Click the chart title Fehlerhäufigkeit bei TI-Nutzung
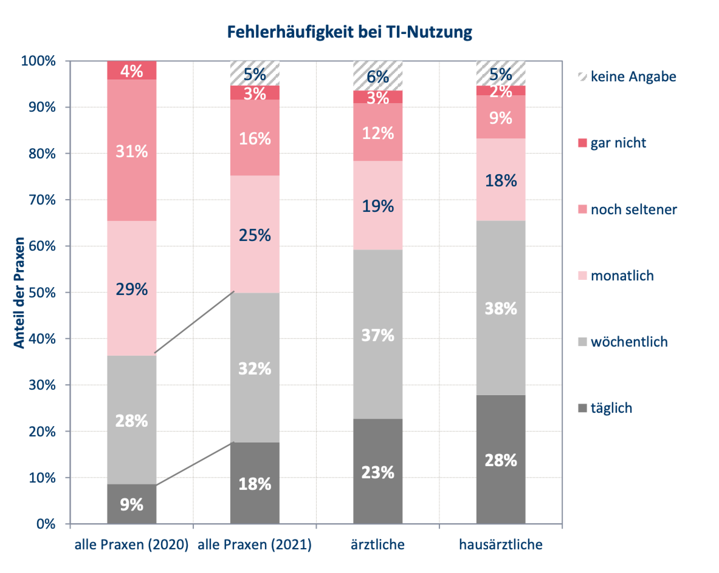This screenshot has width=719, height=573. tap(349, 32)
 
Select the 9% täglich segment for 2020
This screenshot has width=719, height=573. tap(131, 503)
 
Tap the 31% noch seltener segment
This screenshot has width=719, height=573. tap(131, 151)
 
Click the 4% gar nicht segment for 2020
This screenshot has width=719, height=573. tap(131, 70)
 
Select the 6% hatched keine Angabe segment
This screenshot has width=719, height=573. tap(377, 76)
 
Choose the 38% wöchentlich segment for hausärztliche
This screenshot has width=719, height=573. tap(501, 308)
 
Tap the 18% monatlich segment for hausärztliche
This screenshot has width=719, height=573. tap(501, 180)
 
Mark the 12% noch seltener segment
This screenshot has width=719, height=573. tap(377, 132)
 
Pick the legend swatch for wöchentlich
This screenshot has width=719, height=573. tap(582, 342)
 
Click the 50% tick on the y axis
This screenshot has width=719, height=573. tap(42, 293)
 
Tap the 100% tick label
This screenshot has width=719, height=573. tap(38, 61)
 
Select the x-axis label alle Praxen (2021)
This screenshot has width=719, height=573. tap(254, 545)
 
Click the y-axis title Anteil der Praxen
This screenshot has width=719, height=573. tap(19, 293)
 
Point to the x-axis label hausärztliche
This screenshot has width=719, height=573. tap(501, 545)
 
